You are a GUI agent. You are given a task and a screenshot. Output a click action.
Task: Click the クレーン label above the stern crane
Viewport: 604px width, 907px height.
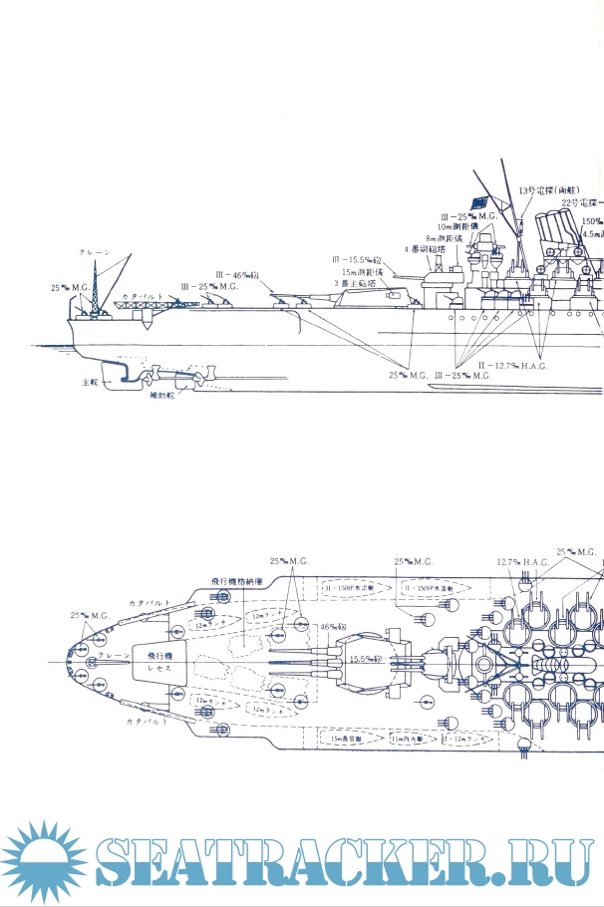95,254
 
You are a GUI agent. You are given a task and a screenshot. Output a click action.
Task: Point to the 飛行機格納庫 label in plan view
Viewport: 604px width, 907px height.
236,581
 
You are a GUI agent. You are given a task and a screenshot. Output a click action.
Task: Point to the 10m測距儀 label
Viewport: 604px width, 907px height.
460,226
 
